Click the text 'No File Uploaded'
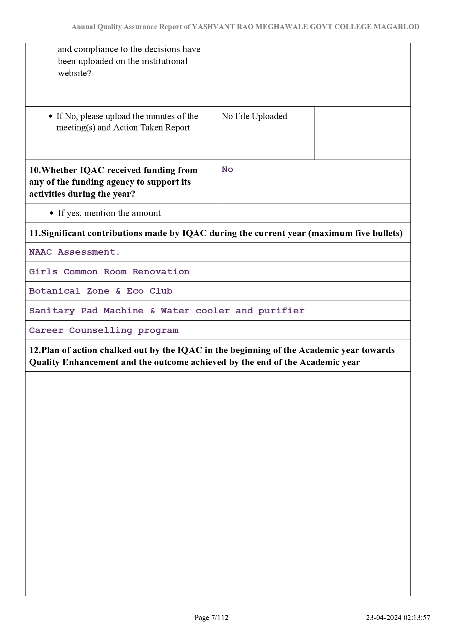pos(254,116)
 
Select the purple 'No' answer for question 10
pos(227,169)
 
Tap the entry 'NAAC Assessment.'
pos(74,252)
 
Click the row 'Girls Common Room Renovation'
pos(109,272)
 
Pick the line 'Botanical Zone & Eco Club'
pos(101,291)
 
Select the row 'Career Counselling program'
pos(104,330)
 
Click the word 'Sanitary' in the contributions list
pos(52,311)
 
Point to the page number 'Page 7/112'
pos(211,618)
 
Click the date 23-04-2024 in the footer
pos(384,618)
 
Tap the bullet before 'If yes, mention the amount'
pos(51,213)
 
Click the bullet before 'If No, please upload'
pos(51,117)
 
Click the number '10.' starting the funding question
pos(35,170)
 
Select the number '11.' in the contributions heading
pos(35,233)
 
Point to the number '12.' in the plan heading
pos(35,350)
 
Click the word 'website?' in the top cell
pos(74,73)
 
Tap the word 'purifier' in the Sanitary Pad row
pos(281,311)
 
